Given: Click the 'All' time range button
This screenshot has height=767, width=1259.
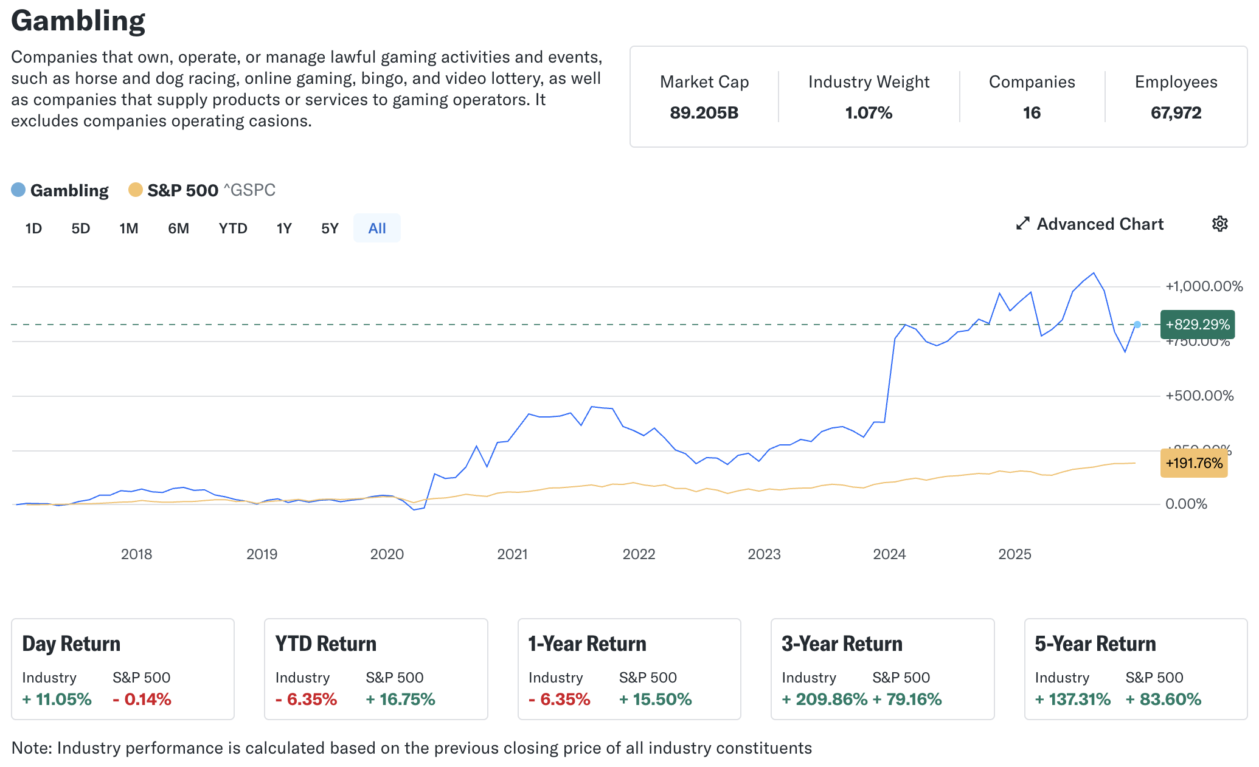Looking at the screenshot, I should (377, 229).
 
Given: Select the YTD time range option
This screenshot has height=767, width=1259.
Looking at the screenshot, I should (233, 229).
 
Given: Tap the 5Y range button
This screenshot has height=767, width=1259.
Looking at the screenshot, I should (330, 229).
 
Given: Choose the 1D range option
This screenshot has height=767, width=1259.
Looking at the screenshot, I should (33, 229).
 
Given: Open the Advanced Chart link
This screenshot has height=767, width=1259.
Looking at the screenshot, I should (1090, 224).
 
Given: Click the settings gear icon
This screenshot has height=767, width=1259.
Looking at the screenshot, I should (1219, 224).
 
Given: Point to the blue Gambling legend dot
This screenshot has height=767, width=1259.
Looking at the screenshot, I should (18, 190).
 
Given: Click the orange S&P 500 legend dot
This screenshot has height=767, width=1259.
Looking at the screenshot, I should (135, 190).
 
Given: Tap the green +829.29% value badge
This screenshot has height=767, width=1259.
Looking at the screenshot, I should (1197, 325).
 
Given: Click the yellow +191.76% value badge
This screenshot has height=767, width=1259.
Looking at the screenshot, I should (1193, 463).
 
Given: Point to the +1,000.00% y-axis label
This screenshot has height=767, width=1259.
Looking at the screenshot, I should (1204, 286).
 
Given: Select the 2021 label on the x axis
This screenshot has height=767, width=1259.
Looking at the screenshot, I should (512, 554).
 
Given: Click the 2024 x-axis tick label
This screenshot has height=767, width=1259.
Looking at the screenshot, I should (889, 554).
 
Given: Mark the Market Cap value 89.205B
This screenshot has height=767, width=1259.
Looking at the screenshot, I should (704, 113).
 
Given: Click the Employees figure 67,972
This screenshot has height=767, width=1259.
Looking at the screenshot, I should (1176, 113).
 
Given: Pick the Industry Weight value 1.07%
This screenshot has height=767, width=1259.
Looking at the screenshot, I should (869, 113).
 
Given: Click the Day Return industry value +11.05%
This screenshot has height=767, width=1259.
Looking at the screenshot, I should (57, 700).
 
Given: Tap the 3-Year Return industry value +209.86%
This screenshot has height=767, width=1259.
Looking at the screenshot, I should (824, 700).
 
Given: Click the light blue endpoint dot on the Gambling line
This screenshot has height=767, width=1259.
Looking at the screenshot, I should (1137, 325).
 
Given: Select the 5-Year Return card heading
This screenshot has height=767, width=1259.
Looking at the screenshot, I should (1095, 644).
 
